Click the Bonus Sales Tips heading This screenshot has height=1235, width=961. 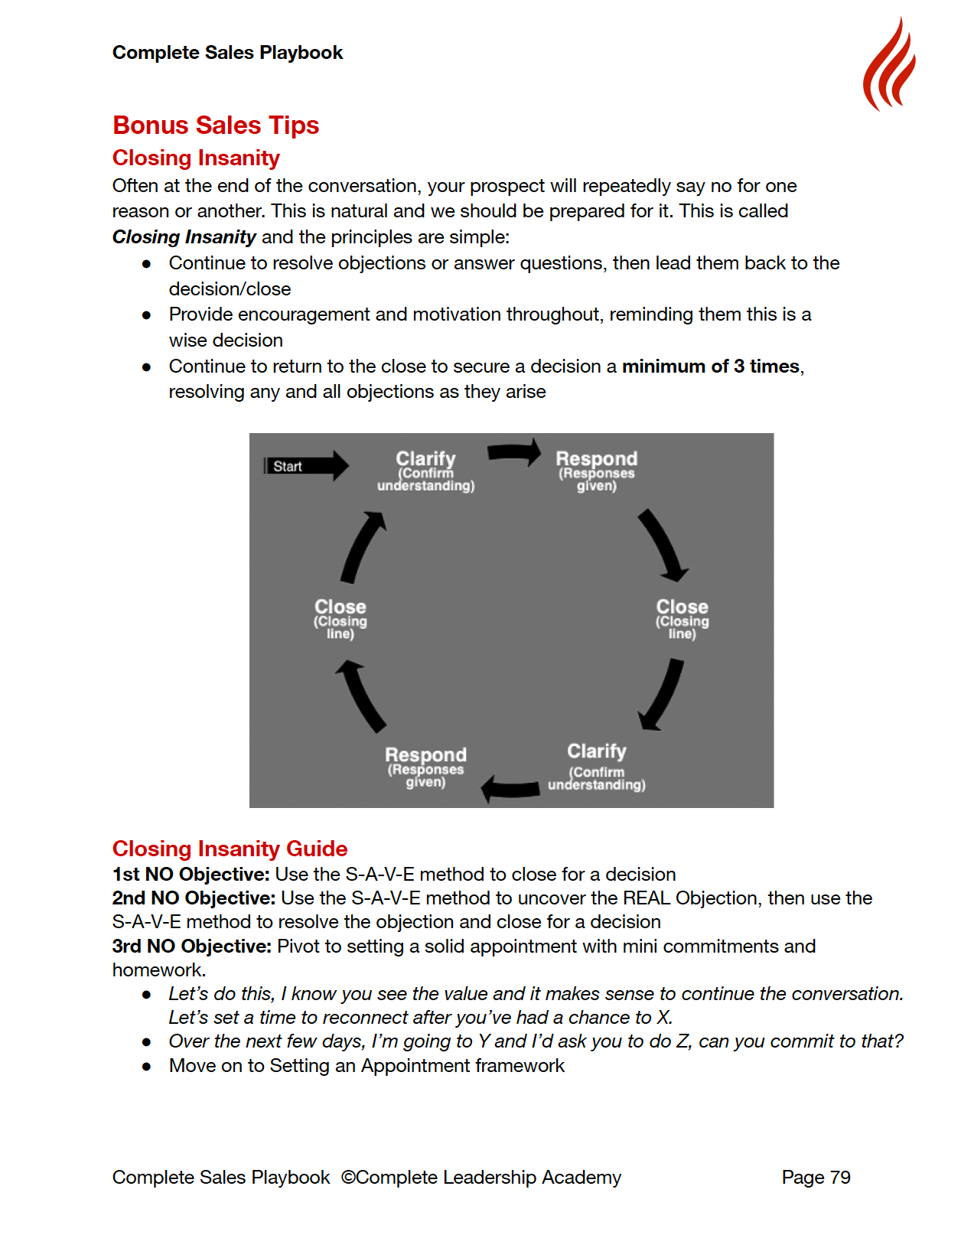tap(216, 125)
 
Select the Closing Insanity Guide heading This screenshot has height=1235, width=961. tap(230, 849)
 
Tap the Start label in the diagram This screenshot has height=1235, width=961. tap(288, 467)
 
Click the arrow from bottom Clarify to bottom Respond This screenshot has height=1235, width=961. tap(510, 788)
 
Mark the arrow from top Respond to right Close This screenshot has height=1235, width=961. tap(663, 546)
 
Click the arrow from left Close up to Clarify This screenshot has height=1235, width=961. tap(363, 548)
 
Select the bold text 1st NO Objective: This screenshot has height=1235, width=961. tap(191, 875)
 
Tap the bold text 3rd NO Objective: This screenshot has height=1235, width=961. tap(191, 947)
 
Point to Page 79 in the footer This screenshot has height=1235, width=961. tap(816, 1178)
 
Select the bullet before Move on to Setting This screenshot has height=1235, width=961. tap(146, 1067)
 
